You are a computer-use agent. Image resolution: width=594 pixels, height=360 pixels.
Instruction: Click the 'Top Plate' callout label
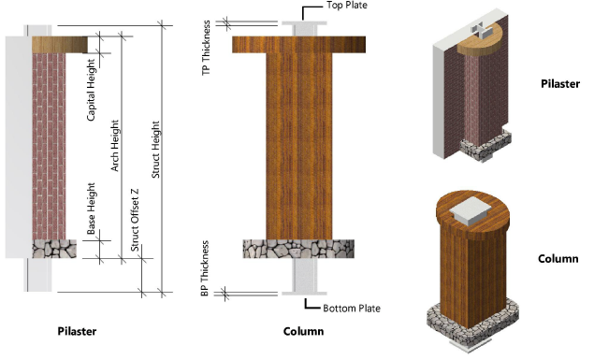point(347,6)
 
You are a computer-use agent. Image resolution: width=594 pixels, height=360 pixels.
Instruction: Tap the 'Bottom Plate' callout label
point(352,309)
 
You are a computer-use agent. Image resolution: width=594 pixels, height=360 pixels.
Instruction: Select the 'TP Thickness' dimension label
point(206,48)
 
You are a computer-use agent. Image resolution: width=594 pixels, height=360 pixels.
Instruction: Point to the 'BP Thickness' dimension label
point(205,268)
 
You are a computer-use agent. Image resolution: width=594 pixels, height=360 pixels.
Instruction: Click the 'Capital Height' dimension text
point(91,90)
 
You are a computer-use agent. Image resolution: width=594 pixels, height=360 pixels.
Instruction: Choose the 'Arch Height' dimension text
point(115,145)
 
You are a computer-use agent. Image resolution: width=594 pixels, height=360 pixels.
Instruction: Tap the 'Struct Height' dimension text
point(155,150)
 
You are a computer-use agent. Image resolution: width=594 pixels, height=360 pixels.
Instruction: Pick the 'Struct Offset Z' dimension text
point(135,220)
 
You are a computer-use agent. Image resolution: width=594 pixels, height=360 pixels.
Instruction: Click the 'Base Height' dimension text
point(91,209)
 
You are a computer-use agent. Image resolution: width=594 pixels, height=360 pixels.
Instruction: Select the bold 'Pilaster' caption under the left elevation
point(77,331)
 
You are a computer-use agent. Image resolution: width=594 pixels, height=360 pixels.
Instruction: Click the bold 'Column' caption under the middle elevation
point(303,331)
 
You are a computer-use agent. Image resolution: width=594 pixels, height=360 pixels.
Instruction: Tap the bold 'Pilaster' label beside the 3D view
point(560,83)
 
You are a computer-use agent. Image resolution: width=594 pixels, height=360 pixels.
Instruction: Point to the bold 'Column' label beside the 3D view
point(558,259)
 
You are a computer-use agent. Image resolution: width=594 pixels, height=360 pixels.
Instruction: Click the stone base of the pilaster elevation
point(54,249)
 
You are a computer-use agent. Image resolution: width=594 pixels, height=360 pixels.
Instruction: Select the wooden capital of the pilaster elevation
point(60,45)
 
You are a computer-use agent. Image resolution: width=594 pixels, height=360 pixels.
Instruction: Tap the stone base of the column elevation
point(298,249)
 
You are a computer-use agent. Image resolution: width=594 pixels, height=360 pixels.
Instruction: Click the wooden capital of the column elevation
point(299,44)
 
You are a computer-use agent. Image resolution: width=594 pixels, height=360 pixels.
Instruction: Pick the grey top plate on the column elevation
point(304,23)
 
